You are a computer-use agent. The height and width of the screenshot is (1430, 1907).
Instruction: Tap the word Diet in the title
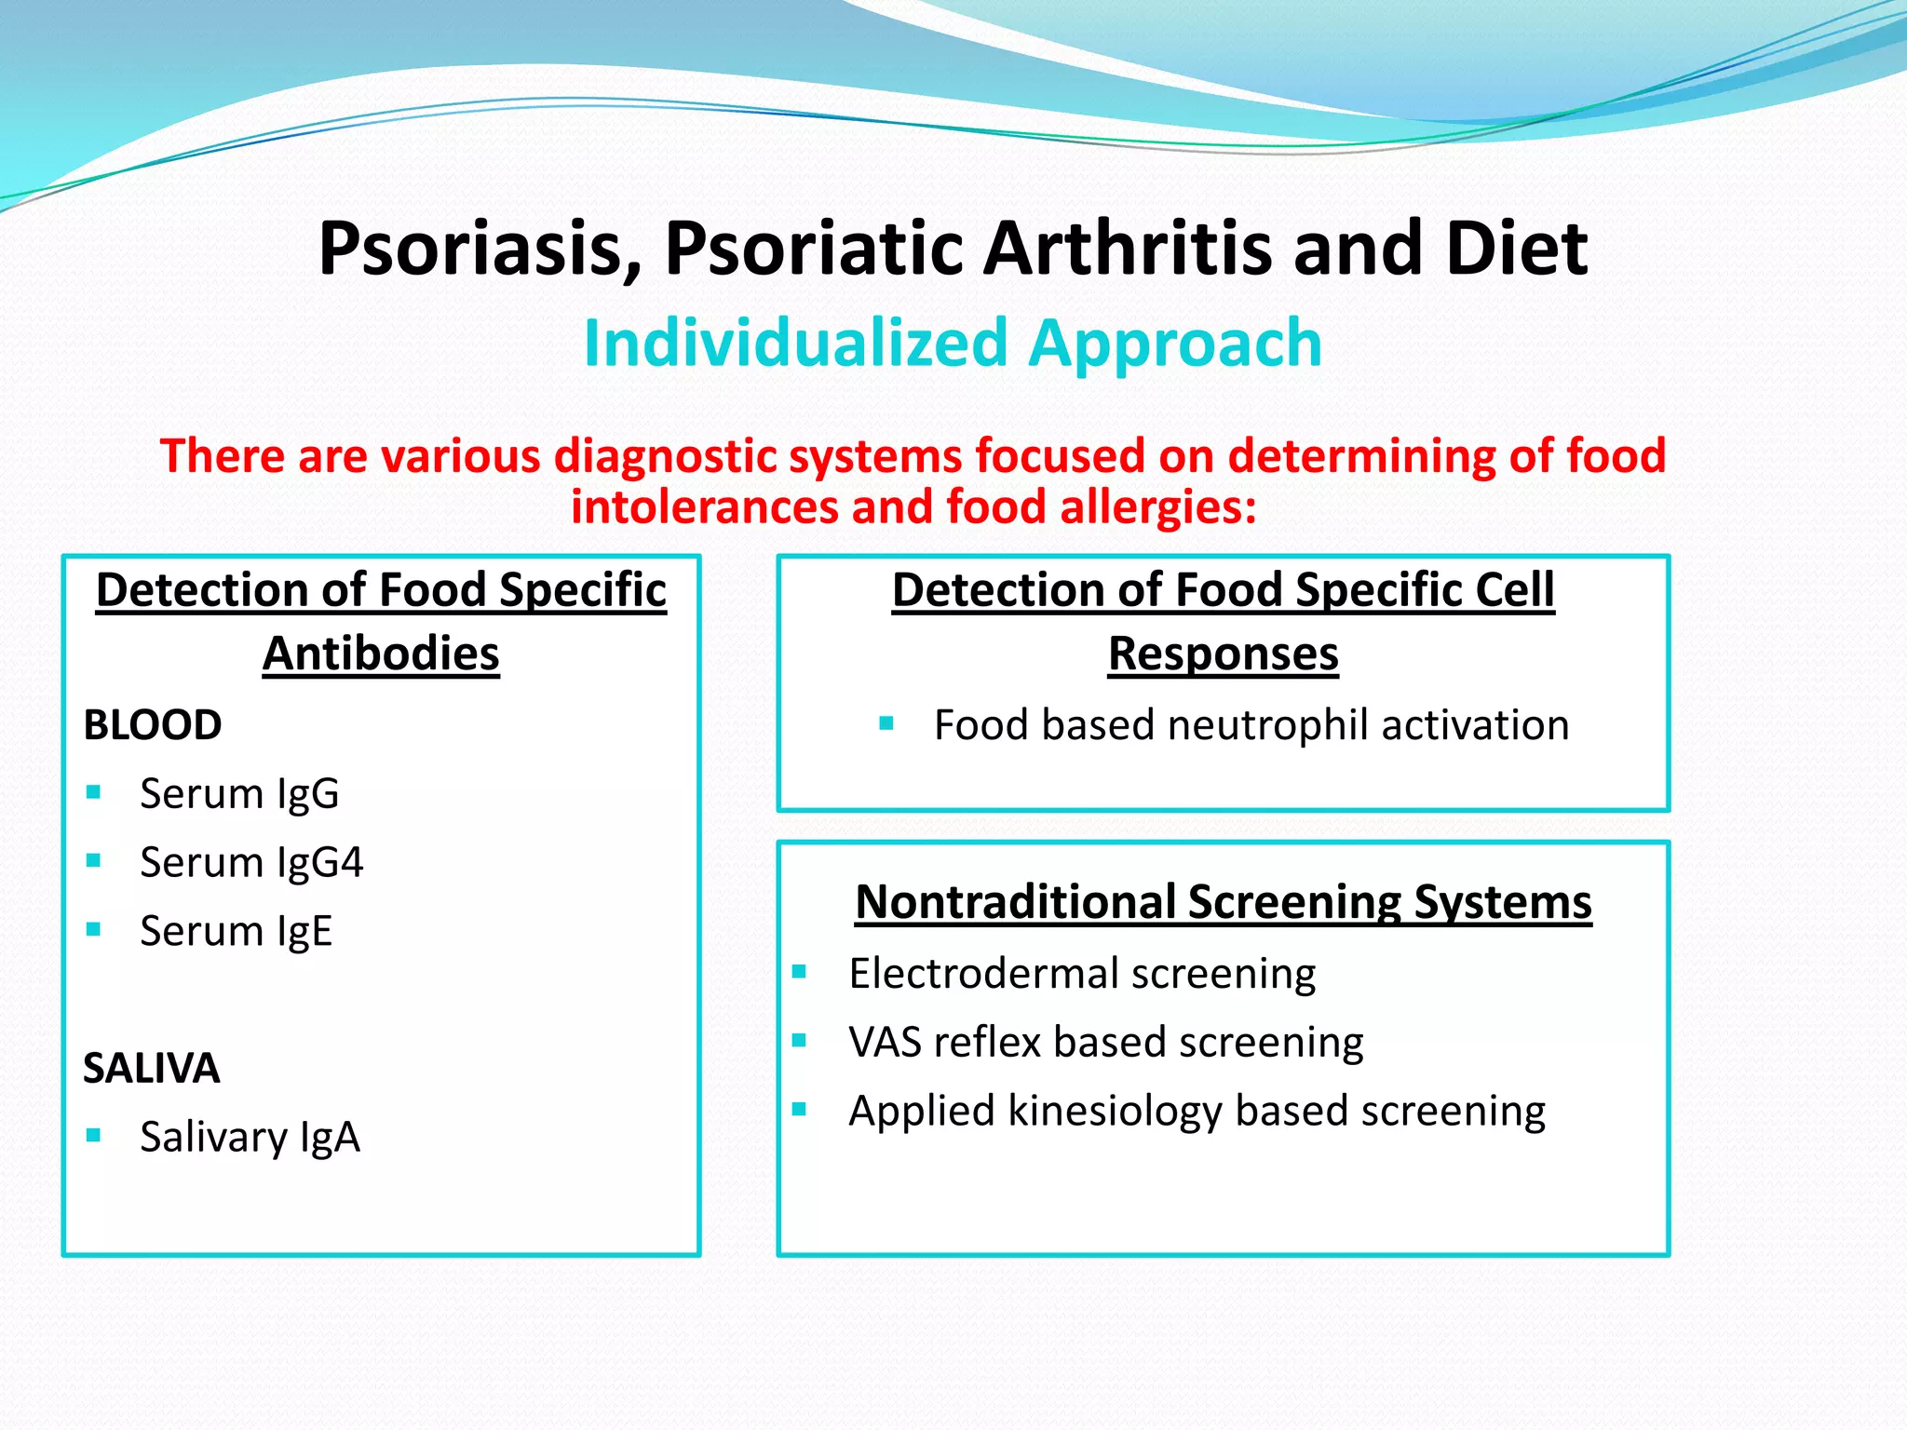(x=1517, y=250)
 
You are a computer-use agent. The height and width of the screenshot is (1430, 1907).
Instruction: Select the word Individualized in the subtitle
(x=795, y=344)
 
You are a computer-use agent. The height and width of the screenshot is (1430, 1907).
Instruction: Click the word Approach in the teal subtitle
(x=1175, y=344)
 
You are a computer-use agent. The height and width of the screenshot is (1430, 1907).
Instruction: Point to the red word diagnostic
(x=665, y=456)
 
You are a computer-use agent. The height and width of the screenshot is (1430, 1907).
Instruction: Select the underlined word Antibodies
(x=381, y=654)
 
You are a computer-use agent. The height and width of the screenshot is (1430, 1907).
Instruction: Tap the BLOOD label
(x=153, y=725)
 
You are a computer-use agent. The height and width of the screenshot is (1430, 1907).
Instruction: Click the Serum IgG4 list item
(x=251, y=862)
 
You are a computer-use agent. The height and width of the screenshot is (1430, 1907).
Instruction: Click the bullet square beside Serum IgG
(x=93, y=792)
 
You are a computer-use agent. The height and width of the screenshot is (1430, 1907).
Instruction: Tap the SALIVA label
(x=152, y=1068)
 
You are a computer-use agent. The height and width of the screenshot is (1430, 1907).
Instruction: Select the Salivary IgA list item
(x=250, y=1137)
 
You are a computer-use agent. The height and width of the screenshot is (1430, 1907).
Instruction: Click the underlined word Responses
(x=1223, y=654)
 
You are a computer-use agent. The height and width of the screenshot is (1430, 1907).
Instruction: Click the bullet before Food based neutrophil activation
(x=886, y=723)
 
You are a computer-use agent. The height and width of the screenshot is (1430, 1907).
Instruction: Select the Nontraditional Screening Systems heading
(x=1223, y=902)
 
